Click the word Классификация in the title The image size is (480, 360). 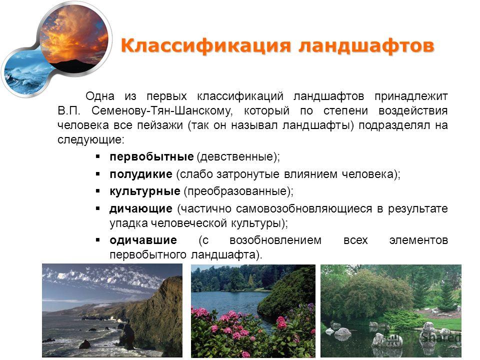click(205, 46)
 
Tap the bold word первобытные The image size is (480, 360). click(151, 156)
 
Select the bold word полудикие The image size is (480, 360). click(141, 174)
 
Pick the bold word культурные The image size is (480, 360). click(145, 191)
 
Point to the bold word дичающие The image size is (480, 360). click(141, 209)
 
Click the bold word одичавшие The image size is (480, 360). click(143, 240)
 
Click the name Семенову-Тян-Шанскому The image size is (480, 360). click(162, 111)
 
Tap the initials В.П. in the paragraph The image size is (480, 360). click(69, 111)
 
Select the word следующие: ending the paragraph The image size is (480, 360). click(91, 140)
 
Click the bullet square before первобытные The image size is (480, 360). click(98, 156)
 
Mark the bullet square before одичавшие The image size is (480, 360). click(98, 240)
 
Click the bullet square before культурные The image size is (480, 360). click(98, 191)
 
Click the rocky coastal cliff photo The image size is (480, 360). click(112, 310)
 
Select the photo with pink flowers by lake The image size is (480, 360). click(253, 311)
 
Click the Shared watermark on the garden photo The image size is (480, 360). click(441, 337)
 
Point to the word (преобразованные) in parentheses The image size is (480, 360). click(238, 191)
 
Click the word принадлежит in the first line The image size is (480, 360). click(411, 96)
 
